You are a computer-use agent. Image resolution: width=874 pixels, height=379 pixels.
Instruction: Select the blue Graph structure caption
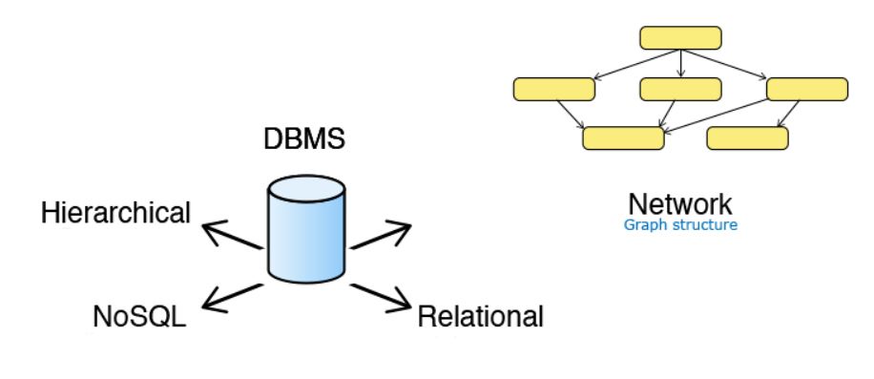[x=679, y=227]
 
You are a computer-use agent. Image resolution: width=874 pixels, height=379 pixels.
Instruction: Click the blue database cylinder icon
[x=305, y=229]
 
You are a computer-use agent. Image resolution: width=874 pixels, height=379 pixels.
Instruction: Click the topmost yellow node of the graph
[x=679, y=38]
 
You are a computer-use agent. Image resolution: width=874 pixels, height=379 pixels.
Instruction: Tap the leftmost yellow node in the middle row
[x=553, y=90]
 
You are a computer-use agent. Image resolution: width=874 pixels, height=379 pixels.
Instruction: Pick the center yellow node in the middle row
[x=679, y=90]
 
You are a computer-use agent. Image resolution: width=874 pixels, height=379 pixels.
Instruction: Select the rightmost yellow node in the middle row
[x=807, y=90]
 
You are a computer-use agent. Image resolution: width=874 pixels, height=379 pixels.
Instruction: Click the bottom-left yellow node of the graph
[x=623, y=138]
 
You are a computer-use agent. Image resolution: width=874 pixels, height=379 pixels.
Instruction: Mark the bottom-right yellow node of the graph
[x=748, y=138]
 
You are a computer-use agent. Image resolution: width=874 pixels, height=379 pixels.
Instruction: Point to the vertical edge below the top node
[x=679, y=63]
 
